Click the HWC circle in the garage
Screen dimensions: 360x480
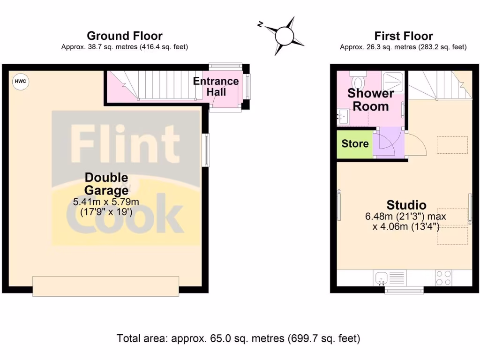(20, 82)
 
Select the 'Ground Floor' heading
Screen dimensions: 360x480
(125, 36)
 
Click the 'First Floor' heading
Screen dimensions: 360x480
(403, 36)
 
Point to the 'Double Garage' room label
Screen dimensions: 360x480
(106, 184)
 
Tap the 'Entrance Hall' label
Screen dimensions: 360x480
(216, 86)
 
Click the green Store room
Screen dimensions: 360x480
(355, 143)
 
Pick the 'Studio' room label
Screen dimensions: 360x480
(406, 205)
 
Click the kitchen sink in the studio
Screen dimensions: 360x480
(381, 278)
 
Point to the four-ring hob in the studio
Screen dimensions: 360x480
(443, 278)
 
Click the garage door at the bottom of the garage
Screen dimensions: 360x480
(105, 286)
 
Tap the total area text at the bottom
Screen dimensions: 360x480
(238, 338)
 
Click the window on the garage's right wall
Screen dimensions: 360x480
(206, 150)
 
